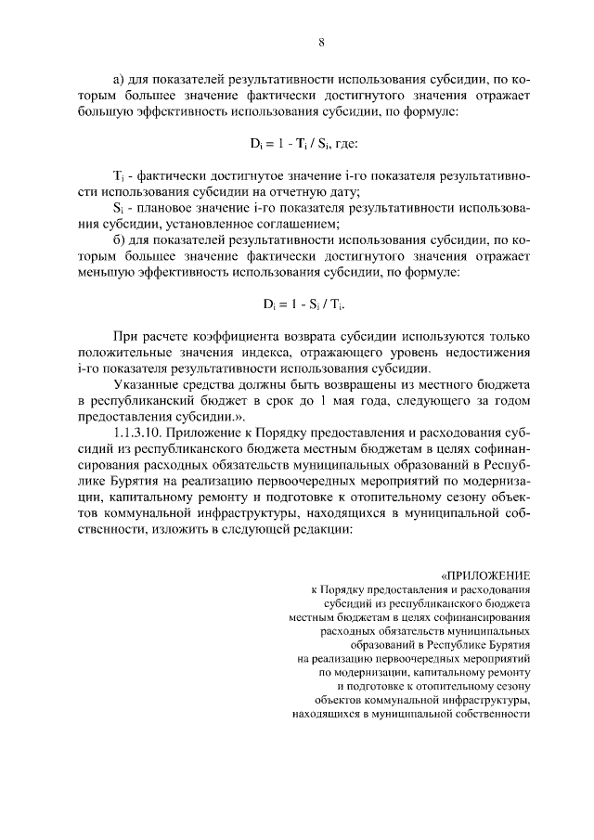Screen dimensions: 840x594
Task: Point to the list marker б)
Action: click(119, 239)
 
